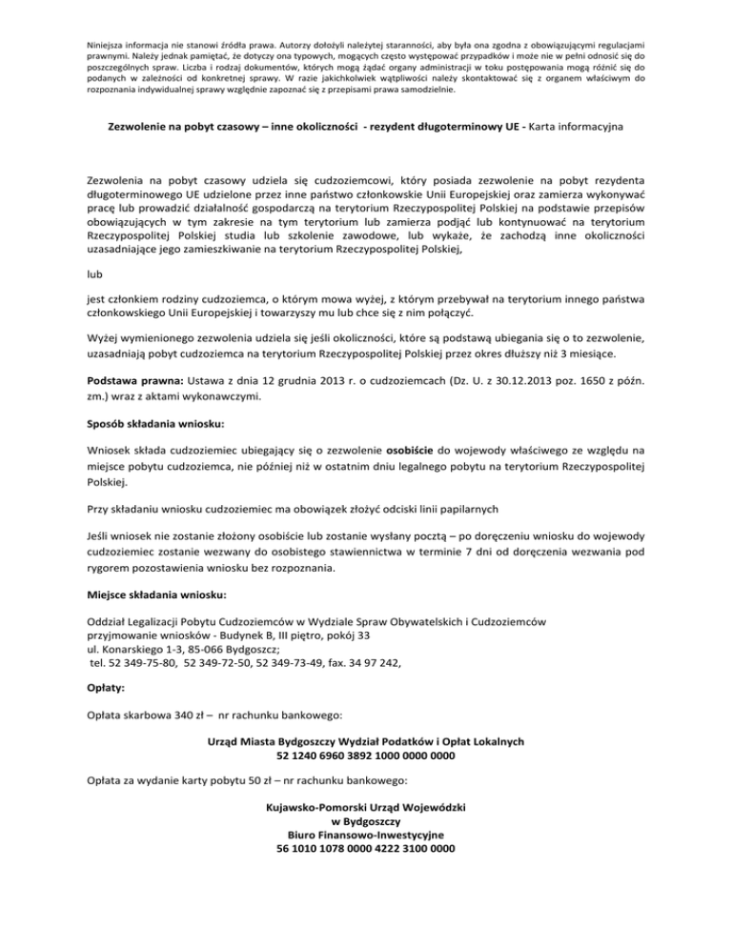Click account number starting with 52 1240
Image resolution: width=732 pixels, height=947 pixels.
(365, 756)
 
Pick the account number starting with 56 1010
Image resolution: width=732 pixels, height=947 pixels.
(365, 848)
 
